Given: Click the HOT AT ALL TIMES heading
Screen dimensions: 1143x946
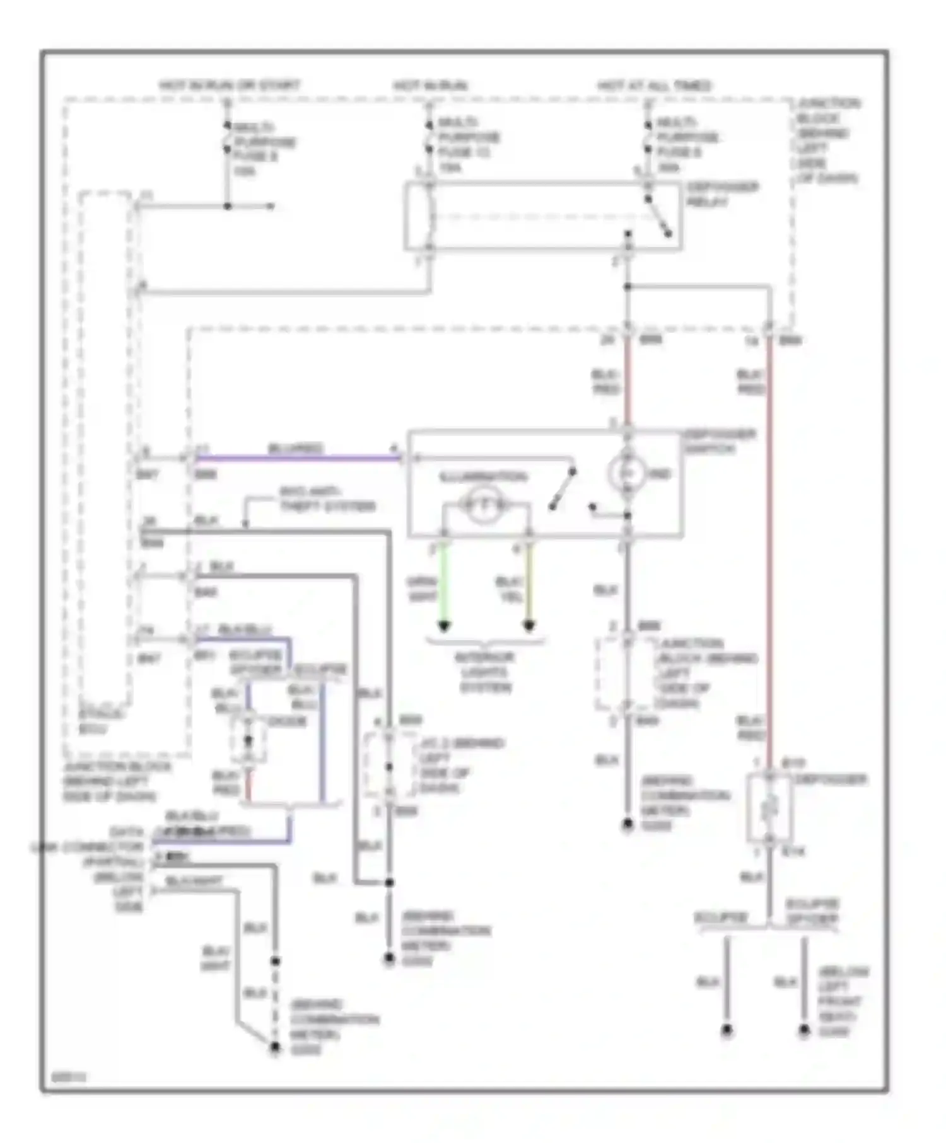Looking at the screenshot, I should coord(654,85).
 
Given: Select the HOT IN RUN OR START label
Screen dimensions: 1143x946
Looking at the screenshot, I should coord(230,85).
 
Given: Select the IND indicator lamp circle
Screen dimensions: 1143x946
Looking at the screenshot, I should coord(627,473).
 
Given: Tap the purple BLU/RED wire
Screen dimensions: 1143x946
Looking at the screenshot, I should coord(296,458).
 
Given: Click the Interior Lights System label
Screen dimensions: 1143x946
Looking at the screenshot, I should coord(486,672).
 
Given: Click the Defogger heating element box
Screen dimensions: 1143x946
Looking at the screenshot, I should coord(769,808).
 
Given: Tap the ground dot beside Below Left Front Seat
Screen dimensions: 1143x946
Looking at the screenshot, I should coord(803,1031).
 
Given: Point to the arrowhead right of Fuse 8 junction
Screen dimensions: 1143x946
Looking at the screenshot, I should coord(271,206).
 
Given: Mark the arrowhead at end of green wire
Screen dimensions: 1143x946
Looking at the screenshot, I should coord(444,626).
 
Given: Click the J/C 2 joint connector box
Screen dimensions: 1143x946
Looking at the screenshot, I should coord(389,766).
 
